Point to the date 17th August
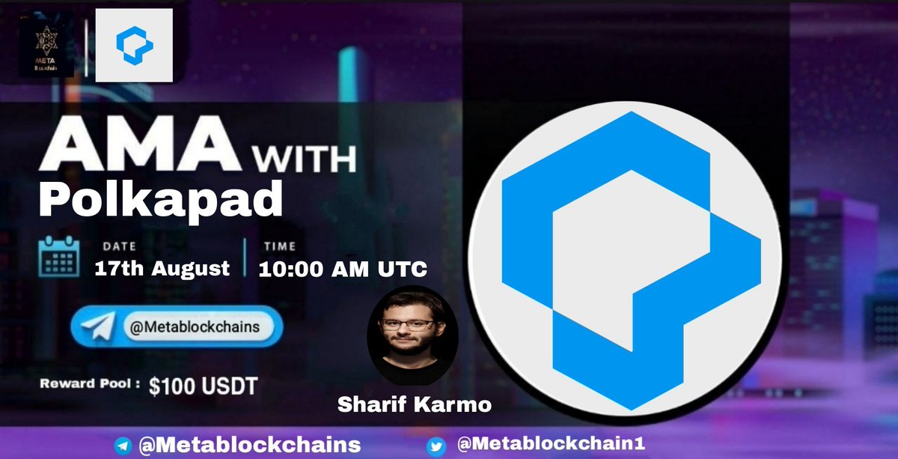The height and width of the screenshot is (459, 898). (162, 268)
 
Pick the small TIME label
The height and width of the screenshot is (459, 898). (278, 246)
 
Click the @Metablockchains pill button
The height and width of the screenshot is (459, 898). (177, 328)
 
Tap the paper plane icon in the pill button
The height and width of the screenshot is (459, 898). (99, 328)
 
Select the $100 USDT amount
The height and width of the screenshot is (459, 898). (203, 386)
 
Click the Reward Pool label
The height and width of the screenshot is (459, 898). (90, 386)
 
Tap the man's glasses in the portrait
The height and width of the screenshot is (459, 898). (408, 325)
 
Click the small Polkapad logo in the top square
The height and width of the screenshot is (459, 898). (135, 45)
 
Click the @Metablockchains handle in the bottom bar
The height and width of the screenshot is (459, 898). (249, 445)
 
